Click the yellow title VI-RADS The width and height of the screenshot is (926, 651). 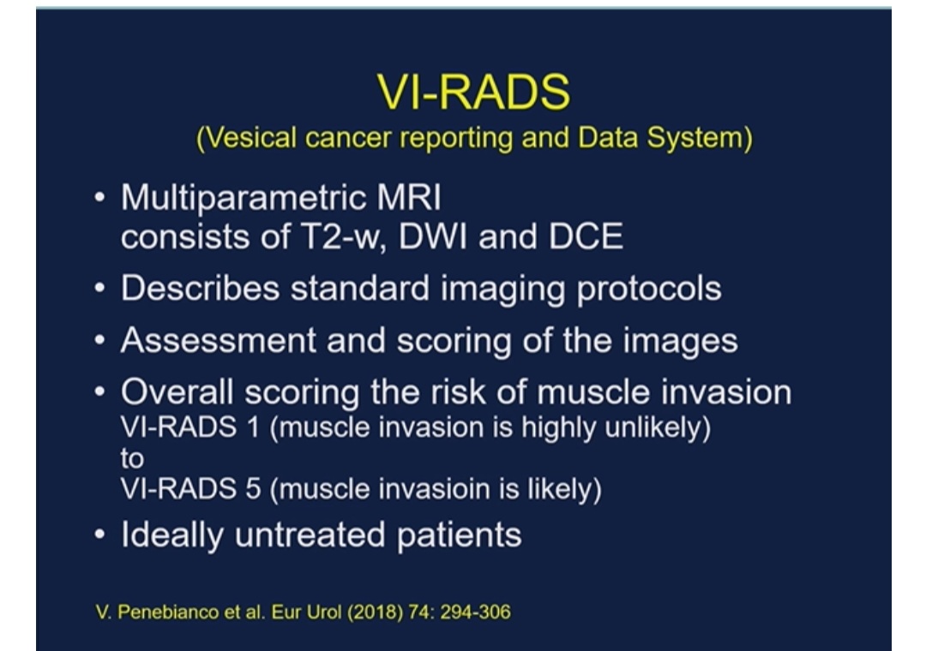coord(473,92)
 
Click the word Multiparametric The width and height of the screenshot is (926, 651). coord(244,198)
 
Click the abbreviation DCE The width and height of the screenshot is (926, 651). coord(586,236)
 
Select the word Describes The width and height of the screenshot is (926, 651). coord(200,289)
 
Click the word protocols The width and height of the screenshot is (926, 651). coord(649,290)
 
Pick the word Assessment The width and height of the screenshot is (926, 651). coord(219,341)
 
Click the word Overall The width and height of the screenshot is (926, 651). coord(177,392)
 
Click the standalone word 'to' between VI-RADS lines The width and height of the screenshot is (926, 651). coord(132,458)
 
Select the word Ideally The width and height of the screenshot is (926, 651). coord(172,535)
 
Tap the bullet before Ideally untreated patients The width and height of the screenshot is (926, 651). coord(99,535)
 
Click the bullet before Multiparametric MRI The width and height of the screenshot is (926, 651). coord(99,197)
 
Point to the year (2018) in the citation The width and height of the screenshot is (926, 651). coord(375,612)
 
